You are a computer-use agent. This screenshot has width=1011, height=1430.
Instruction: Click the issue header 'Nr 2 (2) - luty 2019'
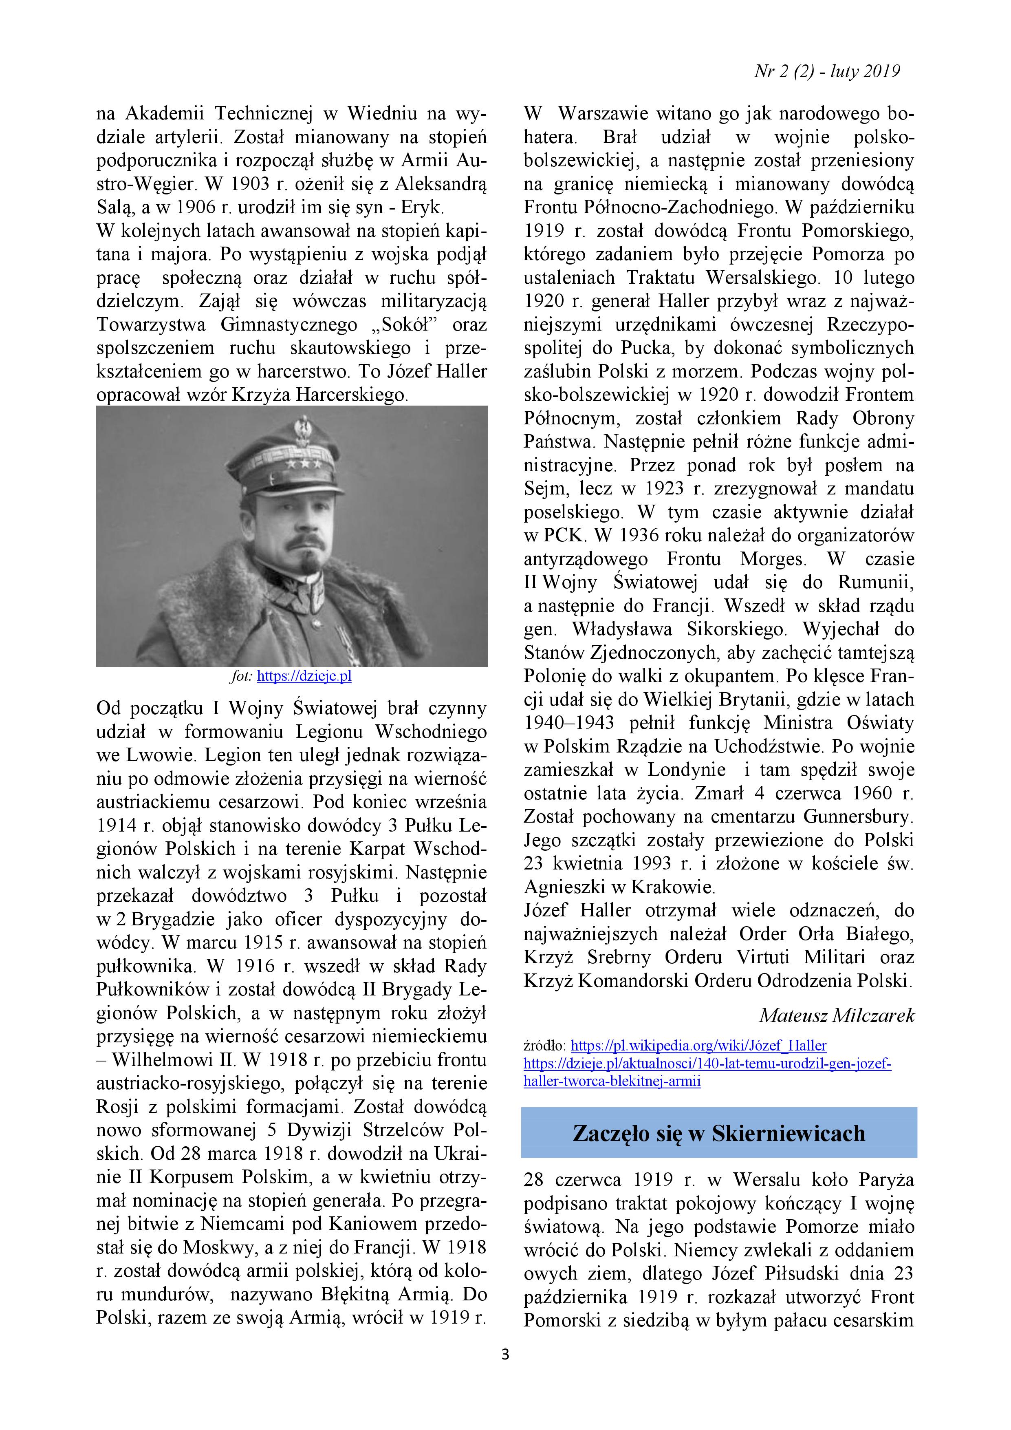[827, 72]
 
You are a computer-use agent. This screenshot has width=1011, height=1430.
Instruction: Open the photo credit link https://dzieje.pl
[304, 676]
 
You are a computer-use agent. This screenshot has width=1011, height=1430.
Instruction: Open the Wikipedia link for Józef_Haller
[698, 1046]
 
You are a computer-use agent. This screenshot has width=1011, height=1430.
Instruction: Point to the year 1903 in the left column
[255, 184]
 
